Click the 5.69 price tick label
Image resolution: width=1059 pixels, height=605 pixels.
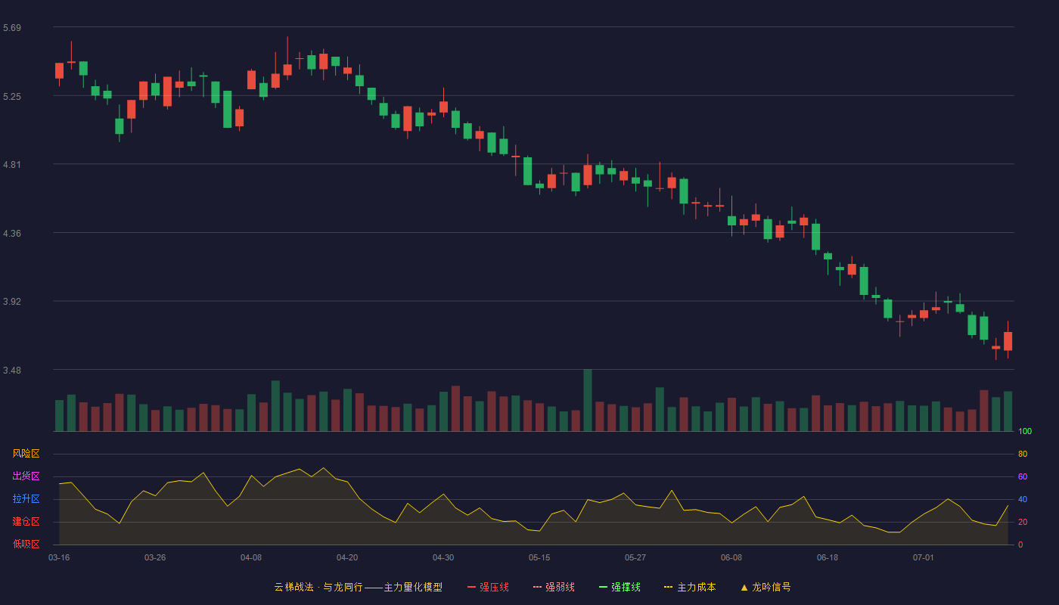click(12, 28)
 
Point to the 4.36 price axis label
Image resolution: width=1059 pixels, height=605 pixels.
click(12, 234)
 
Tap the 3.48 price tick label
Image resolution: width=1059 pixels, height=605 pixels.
click(12, 370)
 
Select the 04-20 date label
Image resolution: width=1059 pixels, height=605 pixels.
click(347, 558)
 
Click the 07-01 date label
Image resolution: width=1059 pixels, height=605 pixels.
click(924, 558)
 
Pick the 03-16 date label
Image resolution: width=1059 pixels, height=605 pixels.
click(59, 558)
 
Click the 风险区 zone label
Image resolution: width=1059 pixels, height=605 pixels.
click(26, 454)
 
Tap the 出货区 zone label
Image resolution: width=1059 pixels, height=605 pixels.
click(26, 476)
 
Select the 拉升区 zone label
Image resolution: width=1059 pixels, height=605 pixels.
click(26, 498)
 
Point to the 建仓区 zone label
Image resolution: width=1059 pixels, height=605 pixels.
click(26, 521)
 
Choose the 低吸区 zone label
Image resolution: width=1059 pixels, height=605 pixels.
click(26, 544)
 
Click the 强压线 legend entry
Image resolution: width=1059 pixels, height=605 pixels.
click(488, 587)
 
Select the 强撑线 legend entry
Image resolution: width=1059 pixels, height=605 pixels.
click(620, 587)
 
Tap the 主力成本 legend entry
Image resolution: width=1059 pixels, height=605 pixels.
click(690, 587)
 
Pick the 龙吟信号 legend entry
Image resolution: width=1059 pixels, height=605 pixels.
click(766, 587)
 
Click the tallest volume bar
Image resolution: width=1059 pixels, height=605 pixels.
click(588, 400)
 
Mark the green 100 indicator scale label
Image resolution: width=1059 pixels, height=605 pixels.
click(1025, 431)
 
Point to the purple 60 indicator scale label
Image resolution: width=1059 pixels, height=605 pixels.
click(1023, 476)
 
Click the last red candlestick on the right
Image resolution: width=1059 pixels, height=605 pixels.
click(1008, 341)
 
